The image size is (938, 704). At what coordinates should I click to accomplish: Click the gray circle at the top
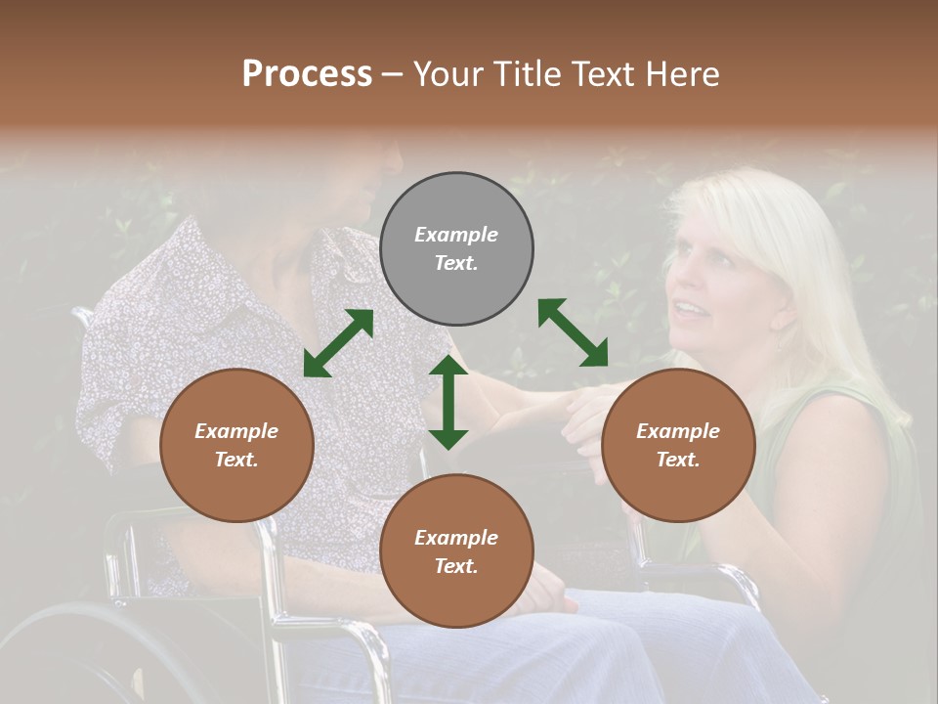pyautogui.click(x=456, y=249)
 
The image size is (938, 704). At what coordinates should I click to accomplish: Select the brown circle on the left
pyautogui.click(x=236, y=445)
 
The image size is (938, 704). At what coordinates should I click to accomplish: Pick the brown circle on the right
pyautogui.click(x=678, y=445)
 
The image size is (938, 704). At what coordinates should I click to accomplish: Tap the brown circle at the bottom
pyautogui.click(x=456, y=551)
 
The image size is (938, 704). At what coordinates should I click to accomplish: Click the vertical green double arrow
pyautogui.click(x=448, y=402)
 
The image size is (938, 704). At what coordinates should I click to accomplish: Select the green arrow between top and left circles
pyautogui.click(x=338, y=343)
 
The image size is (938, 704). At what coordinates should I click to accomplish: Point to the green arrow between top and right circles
pyautogui.click(x=573, y=332)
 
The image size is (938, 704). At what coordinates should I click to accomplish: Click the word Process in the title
pyautogui.click(x=307, y=73)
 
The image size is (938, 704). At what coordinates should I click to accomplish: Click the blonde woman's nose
pyautogui.click(x=674, y=286)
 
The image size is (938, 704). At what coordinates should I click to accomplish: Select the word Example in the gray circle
pyautogui.click(x=456, y=235)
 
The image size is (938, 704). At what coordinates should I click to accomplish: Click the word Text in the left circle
pyautogui.click(x=235, y=460)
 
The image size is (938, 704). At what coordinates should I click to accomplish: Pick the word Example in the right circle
pyautogui.click(x=678, y=431)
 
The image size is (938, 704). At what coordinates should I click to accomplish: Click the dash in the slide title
pyautogui.click(x=393, y=74)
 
